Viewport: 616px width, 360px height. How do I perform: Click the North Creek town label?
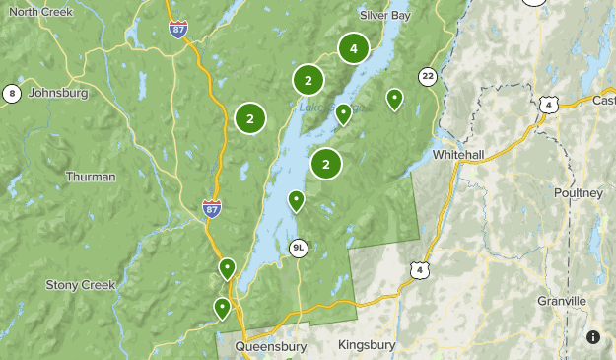[41, 11]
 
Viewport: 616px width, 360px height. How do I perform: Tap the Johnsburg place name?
[58, 93]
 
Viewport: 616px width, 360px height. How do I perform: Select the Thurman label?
[90, 177]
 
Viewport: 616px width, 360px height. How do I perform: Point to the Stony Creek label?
[81, 284]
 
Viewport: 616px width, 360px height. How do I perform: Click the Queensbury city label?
[270, 346]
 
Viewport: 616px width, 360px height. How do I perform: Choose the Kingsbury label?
[366, 345]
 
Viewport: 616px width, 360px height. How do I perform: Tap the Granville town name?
[562, 300]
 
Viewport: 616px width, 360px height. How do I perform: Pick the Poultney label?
[578, 193]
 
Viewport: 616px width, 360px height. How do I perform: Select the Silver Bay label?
[385, 16]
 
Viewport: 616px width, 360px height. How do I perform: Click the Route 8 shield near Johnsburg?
[12, 94]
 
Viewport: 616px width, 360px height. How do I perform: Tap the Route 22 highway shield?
[427, 76]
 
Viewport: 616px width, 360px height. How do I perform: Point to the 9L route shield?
[298, 248]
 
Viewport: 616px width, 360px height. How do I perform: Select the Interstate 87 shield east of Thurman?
[212, 207]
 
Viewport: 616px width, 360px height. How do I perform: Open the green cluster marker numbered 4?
[354, 47]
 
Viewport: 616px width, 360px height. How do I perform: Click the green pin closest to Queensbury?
[222, 308]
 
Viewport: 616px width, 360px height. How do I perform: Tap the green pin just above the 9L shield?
[296, 201]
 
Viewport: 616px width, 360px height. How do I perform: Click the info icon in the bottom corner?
[593, 337]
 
